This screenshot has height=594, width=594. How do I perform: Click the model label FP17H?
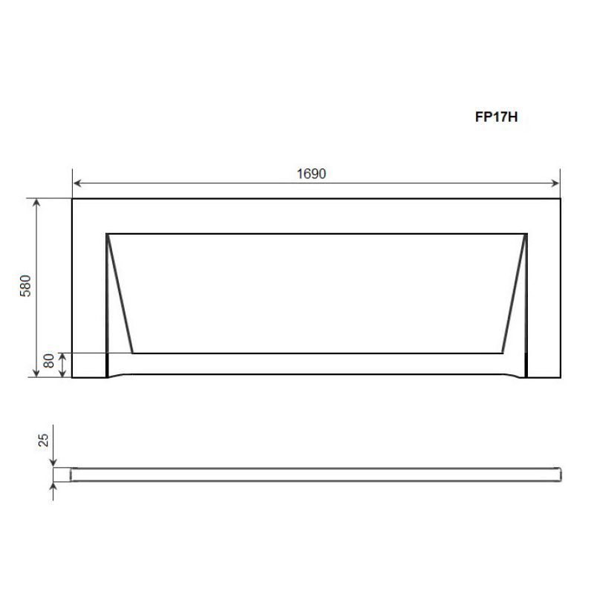pyautogui.click(x=496, y=117)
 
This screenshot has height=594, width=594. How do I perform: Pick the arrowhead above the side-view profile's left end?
pyautogui.click(x=53, y=463)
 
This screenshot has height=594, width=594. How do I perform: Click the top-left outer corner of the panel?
pyautogui.click(x=72, y=199)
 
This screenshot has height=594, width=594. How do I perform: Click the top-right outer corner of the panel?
pyautogui.click(x=560, y=199)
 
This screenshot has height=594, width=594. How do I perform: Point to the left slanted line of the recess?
pyautogui.click(x=120, y=293)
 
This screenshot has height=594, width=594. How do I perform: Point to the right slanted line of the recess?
pyautogui.click(x=514, y=293)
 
